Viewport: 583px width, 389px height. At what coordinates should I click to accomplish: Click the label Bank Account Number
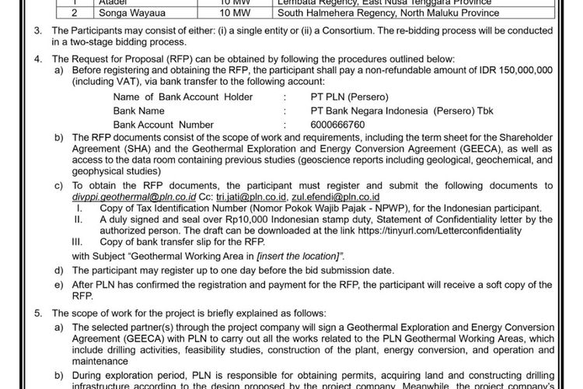[163, 124]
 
